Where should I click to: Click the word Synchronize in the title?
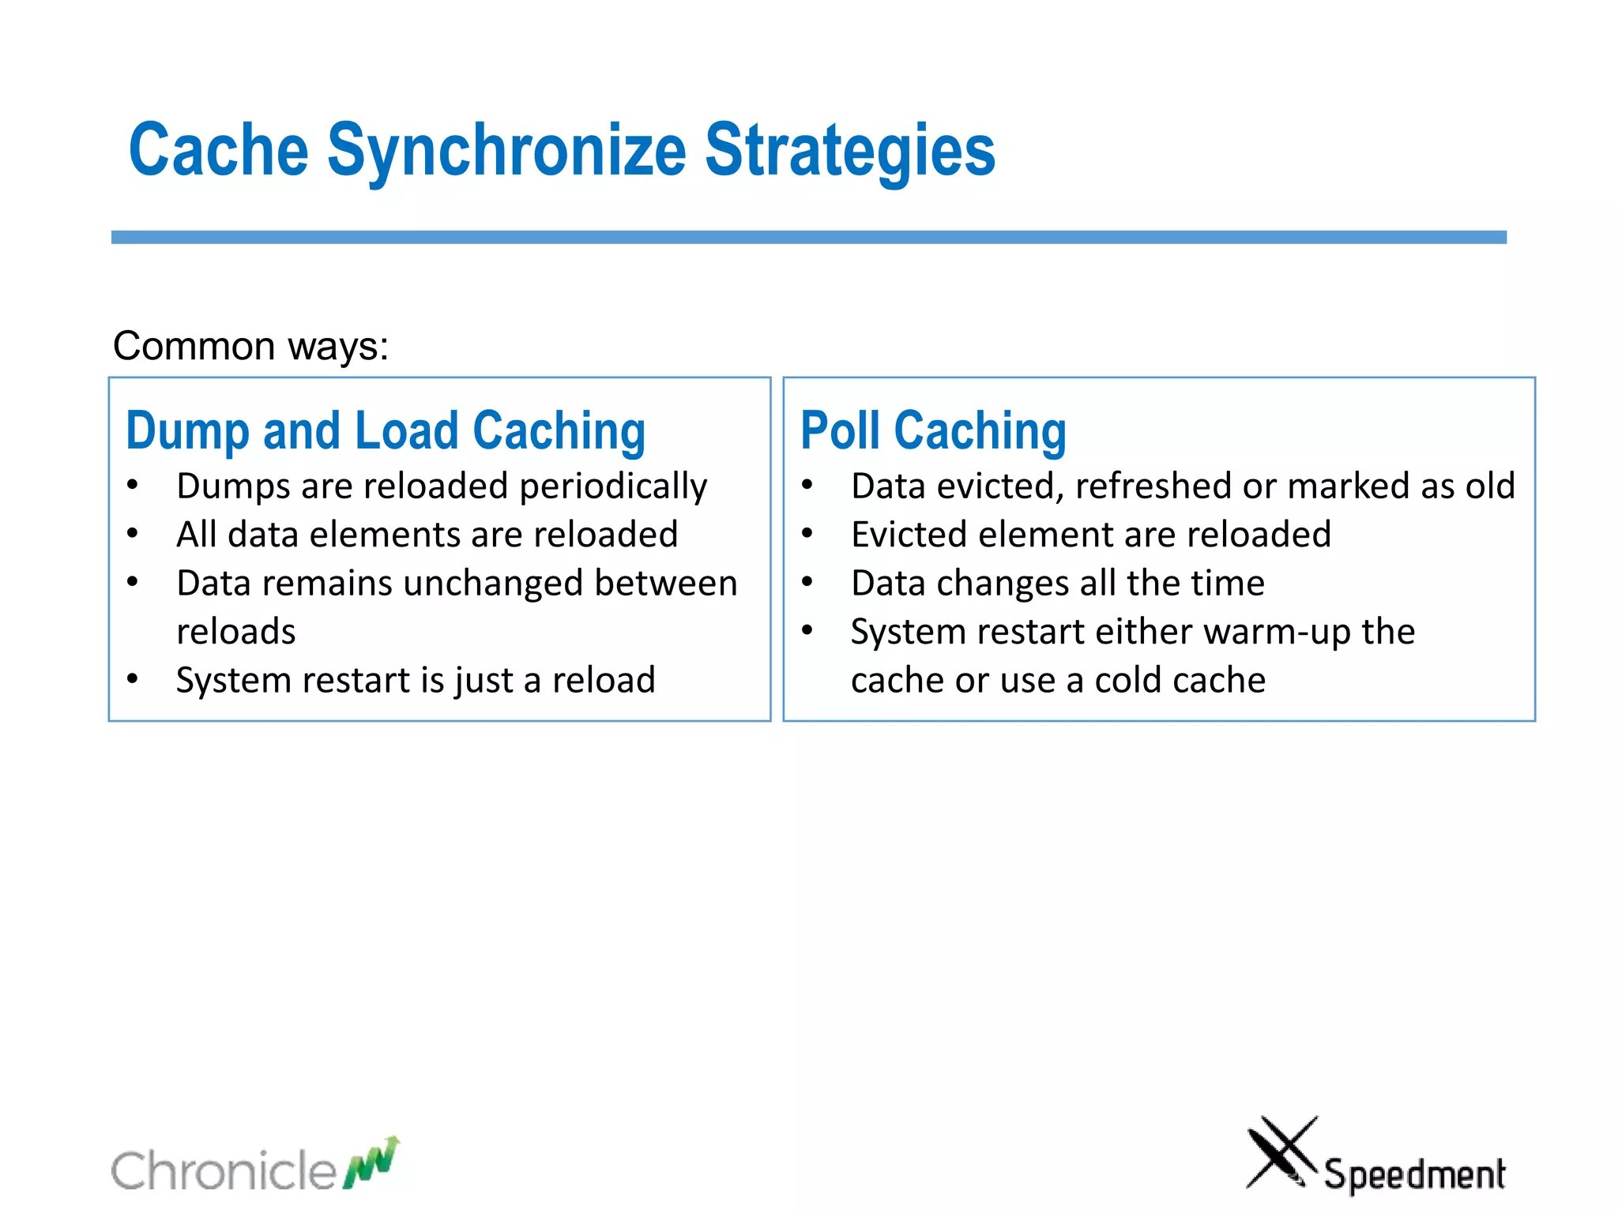pyautogui.click(x=506, y=152)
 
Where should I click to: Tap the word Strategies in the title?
pyautogui.click(x=849, y=152)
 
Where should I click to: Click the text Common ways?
pyautogui.click(x=250, y=346)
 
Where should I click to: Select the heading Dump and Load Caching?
pyautogui.click(x=386, y=431)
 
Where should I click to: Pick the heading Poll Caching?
pyautogui.click(x=933, y=431)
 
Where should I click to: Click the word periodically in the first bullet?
pyautogui.click(x=613, y=486)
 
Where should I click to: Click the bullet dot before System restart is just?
pyautogui.click(x=133, y=679)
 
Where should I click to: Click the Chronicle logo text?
pyautogui.click(x=224, y=1170)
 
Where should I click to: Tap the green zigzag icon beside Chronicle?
pyautogui.click(x=371, y=1162)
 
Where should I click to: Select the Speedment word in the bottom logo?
pyautogui.click(x=1414, y=1174)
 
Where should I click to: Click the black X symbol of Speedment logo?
pyautogui.click(x=1281, y=1151)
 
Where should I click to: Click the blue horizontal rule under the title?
pyautogui.click(x=808, y=237)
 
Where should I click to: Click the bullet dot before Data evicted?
pyautogui.click(x=807, y=486)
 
